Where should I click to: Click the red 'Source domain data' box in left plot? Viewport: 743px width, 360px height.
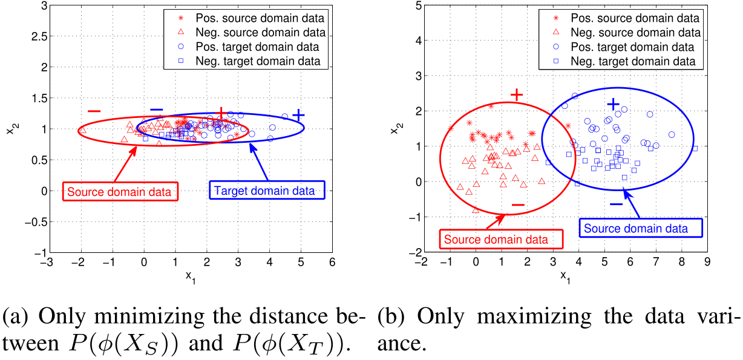point(121,192)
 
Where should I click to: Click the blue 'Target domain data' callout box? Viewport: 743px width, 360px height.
point(267,191)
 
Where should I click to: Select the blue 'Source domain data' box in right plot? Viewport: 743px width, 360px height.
point(642,229)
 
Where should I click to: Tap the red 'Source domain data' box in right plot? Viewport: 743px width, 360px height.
point(500,239)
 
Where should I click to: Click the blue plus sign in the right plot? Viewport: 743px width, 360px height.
point(614,105)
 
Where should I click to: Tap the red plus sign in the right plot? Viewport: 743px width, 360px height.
point(517,94)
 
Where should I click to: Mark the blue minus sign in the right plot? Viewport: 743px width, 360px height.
point(616,204)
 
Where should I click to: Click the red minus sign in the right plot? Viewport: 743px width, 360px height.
point(518,205)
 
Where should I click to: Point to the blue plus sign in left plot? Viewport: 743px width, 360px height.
point(298,115)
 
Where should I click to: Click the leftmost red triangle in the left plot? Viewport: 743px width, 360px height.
point(83,129)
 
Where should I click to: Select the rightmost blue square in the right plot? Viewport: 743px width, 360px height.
point(695,148)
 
